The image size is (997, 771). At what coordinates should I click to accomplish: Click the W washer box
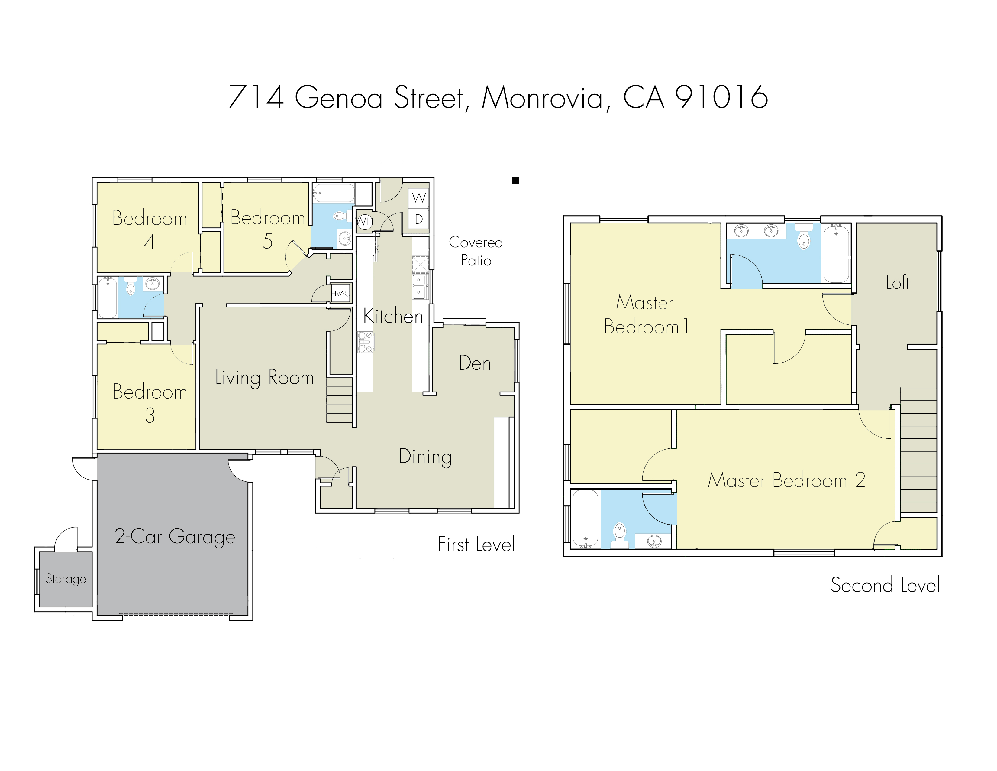(419, 198)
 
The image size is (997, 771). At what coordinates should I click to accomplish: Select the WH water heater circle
(364, 222)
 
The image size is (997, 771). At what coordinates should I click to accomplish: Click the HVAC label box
(340, 294)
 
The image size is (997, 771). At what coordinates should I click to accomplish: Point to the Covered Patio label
(476, 251)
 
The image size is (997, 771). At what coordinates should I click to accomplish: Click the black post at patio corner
(515, 181)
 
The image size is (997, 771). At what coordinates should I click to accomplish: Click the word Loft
(898, 283)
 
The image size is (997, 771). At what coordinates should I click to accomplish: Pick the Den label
(475, 363)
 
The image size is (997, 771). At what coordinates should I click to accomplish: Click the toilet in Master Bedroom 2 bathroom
(619, 532)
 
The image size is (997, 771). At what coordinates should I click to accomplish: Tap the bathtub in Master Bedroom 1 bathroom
(836, 253)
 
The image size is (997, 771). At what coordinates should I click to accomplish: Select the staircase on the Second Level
(918, 450)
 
